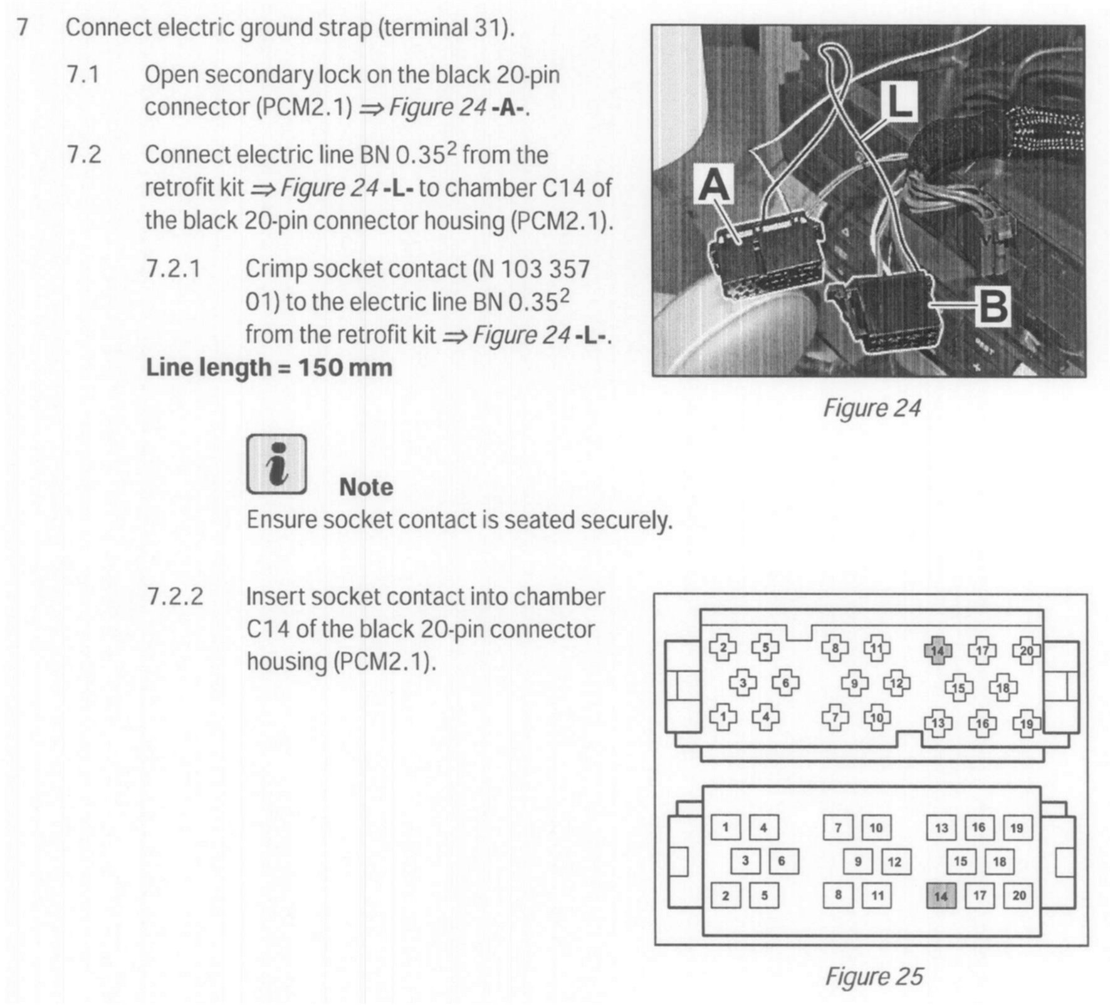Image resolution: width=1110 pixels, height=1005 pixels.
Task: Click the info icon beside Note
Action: pyautogui.click(x=276, y=465)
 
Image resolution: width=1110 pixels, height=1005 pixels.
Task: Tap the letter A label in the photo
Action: pyautogui.click(x=715, y=186)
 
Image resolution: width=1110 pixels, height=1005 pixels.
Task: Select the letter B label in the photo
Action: pyautogui.click(x=992, y=308)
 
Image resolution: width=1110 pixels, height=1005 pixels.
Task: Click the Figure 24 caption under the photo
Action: pyautogui.click(x=872, y=408)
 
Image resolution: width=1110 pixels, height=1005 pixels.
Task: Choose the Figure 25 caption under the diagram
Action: pyautogui.click(x=874, y=976)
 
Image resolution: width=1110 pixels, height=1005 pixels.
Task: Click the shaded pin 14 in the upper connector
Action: pyautogui.click(x=937, y=650)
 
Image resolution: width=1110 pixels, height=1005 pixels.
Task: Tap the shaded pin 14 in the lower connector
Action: pyautogui.click(x=941, y=895)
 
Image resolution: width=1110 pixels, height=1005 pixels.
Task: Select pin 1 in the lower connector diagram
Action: pyautogui.click(x=726, y=828)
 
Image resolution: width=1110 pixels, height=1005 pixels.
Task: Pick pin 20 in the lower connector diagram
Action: pyautogui.click(x=1018, y=895)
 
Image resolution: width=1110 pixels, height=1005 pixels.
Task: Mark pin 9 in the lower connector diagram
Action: pyautogui.click(x=858, y=861)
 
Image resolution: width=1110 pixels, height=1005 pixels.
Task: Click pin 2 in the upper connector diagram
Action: pyautogui.click(x=723, y=648)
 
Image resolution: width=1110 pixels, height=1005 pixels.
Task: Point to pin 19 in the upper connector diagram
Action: pyautogui.click(x=1027, y=723)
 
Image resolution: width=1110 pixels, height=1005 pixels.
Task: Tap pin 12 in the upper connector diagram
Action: pyautogui.click(x=897, y=683)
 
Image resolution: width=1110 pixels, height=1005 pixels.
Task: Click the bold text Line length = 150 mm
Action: pyautogui.click(x=269, y=367)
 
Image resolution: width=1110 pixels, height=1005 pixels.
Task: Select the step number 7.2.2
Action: pyautogui.click(x=175, y=596)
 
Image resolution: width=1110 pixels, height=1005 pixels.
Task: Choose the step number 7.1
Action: pyautogui.click(x=83, y=75)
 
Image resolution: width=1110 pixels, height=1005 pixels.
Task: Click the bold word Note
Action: pyautogui.click(x=366, y=487)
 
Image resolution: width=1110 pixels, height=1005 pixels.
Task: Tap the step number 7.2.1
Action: pyautogui.click(x=174, y=269)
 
